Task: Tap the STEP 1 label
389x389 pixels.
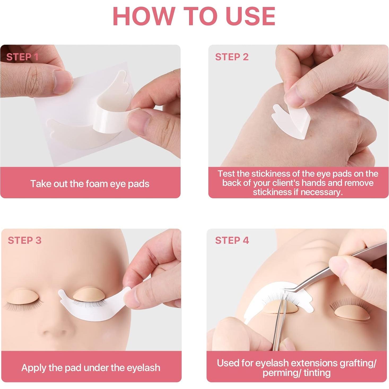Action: [x=23, y=57]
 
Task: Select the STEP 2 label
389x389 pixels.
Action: [x=232, y=57]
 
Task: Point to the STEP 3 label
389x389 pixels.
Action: [x=25, y=241]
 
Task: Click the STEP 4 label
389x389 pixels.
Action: [x=232, y=241]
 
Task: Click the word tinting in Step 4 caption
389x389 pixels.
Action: [x=317, y=373]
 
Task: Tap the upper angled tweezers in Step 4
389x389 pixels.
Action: [x=331, y=273]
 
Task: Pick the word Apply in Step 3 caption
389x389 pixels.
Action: [x=34, y=368]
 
